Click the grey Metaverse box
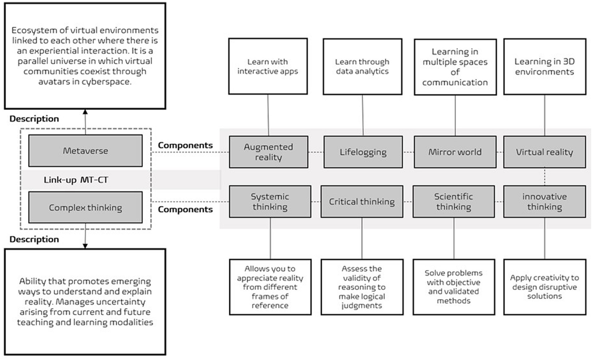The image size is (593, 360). pyautogui.click(x=85, y=151)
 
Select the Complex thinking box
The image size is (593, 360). pyautogui.click(x=85, y=208)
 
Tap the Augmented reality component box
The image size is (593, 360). pyautogui.click(x=268, y=152)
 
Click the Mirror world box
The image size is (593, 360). pyautogui.click(x=455, y=152)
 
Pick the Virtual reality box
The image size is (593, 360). pyautogui.click(x=545, y=152)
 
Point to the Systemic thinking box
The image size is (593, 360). pyautogui.click(x=270, y=201)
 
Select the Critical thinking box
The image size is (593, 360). pyautogui.click(x=362, y=201)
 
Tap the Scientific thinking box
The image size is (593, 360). pyautogui.click(x=454, y=201)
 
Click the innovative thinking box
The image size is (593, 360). pyautogui.click(x=545, y=201)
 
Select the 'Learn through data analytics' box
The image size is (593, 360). pyautogui.click(x=362, y=67)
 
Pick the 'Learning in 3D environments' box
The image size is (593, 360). pyautogui.click(x=544, y=67)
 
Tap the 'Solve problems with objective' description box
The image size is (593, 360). pyautogui.click(x=454, y=286)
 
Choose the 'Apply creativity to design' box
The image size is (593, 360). pyautogui.click(x=544, y=286)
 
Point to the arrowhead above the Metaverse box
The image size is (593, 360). pyautogui.click(x=85, y=113)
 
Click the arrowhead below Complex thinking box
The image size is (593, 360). pyautogui.click(x=85, y=245)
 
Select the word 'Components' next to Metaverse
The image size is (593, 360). pyautogui.click(x=185, y=145)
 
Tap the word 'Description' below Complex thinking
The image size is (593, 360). pyautogui.click(x=34, y=240)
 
